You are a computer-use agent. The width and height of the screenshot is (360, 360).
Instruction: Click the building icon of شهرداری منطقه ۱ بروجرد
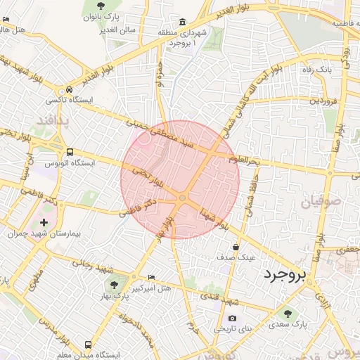182,21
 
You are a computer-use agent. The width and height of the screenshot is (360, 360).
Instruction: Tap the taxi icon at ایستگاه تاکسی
70,90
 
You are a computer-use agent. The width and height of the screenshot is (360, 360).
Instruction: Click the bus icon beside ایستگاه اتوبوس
70,151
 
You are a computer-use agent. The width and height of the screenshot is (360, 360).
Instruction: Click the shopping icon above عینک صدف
236,247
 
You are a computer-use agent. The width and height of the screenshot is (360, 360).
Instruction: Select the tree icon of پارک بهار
114,284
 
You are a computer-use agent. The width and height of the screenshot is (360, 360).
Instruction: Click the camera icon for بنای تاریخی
233,318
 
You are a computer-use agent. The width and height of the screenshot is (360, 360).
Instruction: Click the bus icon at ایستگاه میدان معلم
88,345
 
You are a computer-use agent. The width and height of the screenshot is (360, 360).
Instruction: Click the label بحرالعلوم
244,161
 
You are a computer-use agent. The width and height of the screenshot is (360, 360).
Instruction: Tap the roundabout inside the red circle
182,198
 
